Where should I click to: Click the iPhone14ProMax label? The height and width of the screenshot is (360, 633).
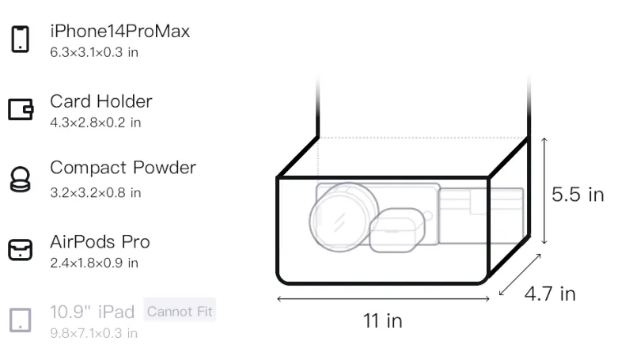(x=120, y=31)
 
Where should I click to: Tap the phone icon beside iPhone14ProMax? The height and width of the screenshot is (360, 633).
(x=21, y=39)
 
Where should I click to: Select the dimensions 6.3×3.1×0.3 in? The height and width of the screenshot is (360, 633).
(x=94, y=52)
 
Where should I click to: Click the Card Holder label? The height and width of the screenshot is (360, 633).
(x=101, y=101)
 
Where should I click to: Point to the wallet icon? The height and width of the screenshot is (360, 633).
(x=21, y=109)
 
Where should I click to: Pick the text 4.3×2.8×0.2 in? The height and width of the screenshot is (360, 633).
(x=95, y=123)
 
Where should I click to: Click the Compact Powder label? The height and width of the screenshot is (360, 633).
(x=123, y=168)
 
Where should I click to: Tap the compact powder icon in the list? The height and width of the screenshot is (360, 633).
(x=21, y=179)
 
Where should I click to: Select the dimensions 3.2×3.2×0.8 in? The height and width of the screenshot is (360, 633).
(x=95, y=193)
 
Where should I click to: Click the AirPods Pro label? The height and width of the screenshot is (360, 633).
(x=100, y=242)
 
